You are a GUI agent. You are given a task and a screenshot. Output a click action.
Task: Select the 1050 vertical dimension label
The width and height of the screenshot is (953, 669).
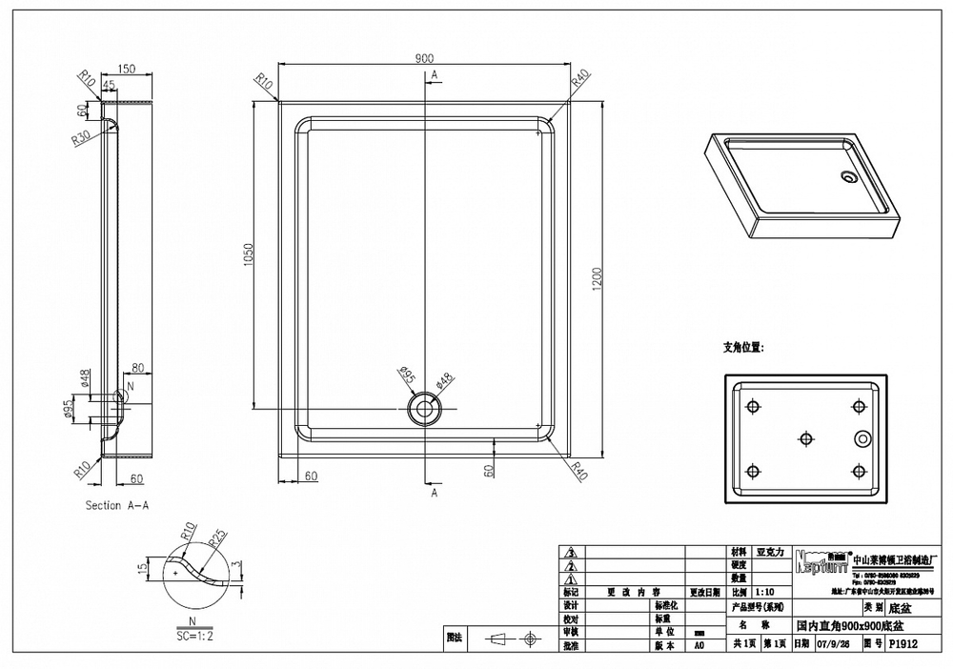pyautogui.click(x=249, y=254)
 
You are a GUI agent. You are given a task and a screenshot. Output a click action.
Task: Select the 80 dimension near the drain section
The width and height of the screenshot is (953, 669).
pyautogui.click(x=137, y=367)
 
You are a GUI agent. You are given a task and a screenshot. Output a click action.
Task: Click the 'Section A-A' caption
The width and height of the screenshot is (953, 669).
pyautogui.click(x=116, y=505)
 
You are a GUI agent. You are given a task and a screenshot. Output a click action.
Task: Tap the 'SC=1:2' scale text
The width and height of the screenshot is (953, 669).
pyautogui.click(x=195, y=634)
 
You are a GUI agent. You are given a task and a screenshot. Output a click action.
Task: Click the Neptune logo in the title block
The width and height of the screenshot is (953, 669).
pyautogui.click(x=819, y=561)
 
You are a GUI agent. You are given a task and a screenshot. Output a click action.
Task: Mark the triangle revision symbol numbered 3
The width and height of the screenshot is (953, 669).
pyautogui.click(x=571, y=552)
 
